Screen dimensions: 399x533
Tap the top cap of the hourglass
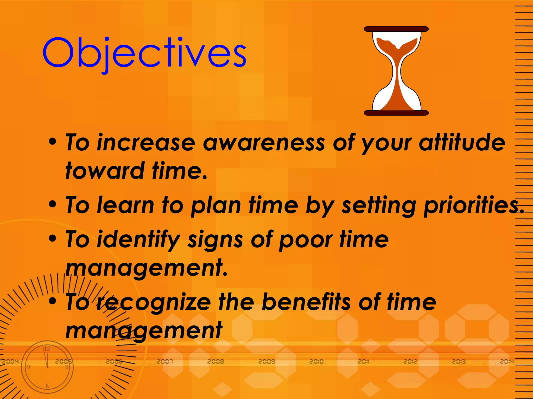[396, 29]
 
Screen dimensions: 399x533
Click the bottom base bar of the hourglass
[396, 113]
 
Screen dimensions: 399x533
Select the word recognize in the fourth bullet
[154, 303]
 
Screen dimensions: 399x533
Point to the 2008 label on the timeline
[215, 361]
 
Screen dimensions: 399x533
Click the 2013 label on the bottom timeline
[458, 361]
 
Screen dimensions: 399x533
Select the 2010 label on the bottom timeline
[316, 361]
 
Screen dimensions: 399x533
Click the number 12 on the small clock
[47, 349]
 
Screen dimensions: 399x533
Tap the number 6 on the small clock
[47, 386]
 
